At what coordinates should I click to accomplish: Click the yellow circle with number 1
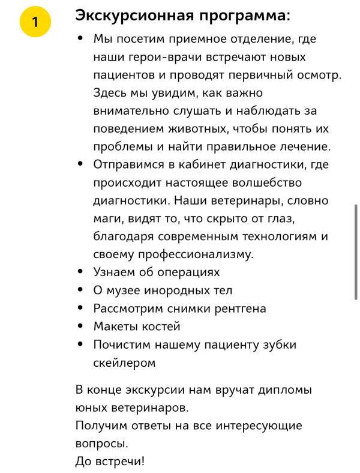35,22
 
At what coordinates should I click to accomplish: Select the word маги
107,218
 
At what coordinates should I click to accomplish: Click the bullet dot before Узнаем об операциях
80,272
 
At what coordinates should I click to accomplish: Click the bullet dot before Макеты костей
80,327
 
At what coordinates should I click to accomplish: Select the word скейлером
124,363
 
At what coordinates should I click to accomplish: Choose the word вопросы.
101,444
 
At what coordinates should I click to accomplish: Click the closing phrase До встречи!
110,462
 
